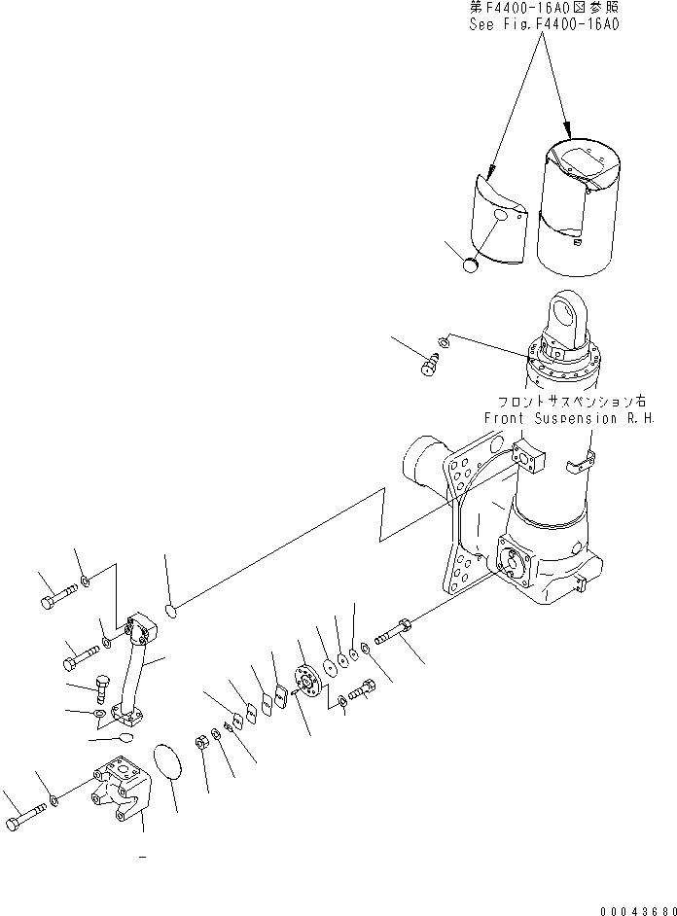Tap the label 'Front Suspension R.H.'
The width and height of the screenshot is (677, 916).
tap(569, 418)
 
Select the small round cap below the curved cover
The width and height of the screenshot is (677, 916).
tap(474, 264)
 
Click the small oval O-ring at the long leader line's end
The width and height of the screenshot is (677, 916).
tap(170, 612)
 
